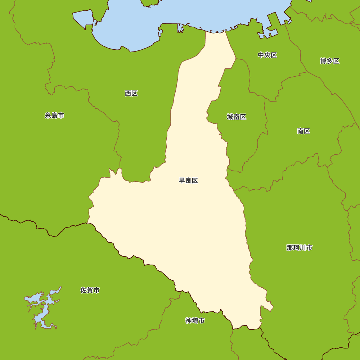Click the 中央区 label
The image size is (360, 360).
point(267,55)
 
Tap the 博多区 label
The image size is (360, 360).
point(330,61)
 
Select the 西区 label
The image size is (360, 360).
point(131,93)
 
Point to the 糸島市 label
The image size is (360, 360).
point(54,116)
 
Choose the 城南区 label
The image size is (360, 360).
point(237,117)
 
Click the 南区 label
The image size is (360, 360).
point(303,131)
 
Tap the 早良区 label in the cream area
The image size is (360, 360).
point(188,180)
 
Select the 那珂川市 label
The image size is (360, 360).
point(299,248)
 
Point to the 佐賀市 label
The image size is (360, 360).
point(90,290)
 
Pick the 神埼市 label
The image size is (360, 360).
point(195,320)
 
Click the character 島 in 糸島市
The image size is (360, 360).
point(54,116)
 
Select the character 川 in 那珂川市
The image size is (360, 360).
point(303,248)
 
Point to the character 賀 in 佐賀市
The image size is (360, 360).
point(90,290)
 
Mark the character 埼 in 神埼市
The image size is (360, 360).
point(195,320)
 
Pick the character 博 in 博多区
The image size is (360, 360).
point(323,61)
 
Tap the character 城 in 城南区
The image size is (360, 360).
point(230,117)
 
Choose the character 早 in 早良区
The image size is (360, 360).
point(182,180)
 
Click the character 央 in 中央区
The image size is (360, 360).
point(267,55)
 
